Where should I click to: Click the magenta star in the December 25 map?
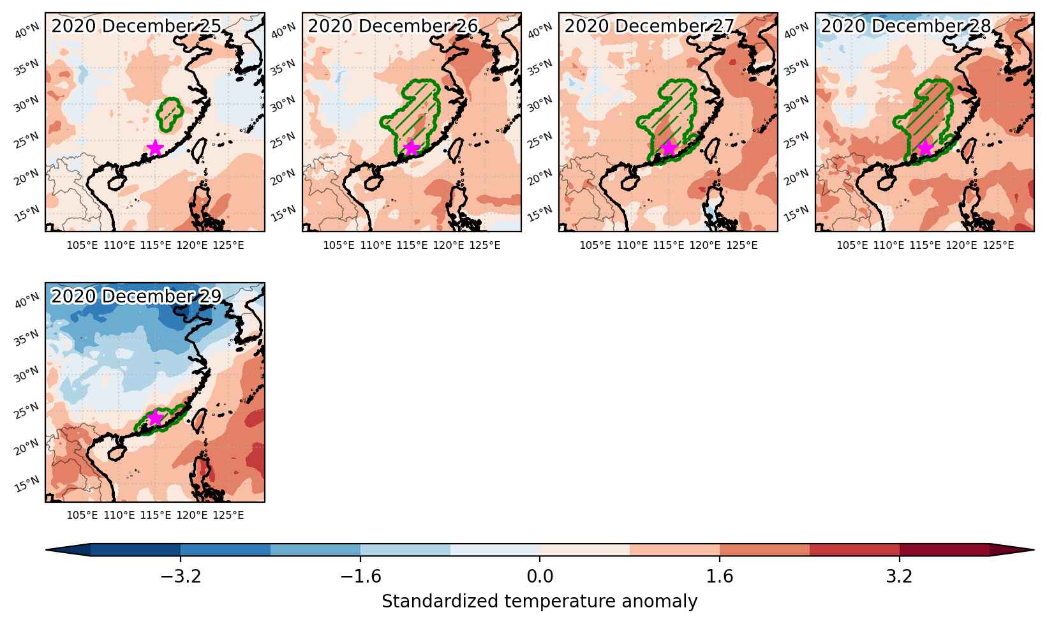coord(155,148)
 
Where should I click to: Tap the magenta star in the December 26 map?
coord(412,148)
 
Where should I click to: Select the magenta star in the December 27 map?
coord(669,148)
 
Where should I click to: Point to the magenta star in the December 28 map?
coord(926,148)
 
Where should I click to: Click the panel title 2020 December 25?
coord(136,26)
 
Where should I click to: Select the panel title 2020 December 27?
coord(650,26)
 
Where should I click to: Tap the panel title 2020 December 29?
coord(136,296)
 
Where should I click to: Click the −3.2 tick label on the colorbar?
coord(181,577)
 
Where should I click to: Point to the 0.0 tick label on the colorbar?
coord(540,577)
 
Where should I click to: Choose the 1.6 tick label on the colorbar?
coord(719,577)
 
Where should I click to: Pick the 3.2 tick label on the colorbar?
coord(900,577)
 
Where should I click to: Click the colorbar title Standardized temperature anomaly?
coord(539,602)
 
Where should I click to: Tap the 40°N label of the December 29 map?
coord(27,301)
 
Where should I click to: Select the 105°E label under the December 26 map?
coord(339,246)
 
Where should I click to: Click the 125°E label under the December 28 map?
coord(999,246)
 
